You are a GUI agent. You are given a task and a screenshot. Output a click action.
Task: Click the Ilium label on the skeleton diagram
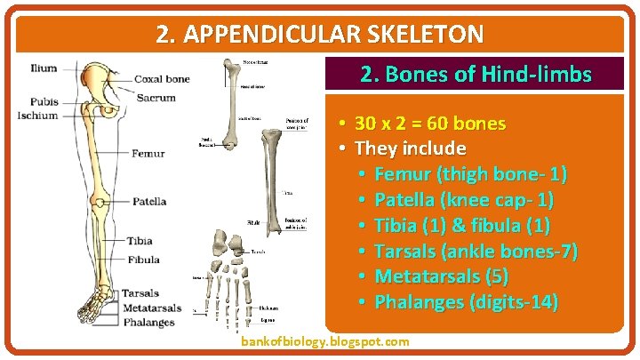coord(43,68)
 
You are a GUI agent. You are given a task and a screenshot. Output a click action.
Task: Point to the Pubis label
coord(44,102)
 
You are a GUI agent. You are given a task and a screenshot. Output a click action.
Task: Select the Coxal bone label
coord(161,79)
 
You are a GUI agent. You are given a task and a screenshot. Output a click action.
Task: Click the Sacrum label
coord(156,97)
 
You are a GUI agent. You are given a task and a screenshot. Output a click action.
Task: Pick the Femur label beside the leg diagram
coord(148,154)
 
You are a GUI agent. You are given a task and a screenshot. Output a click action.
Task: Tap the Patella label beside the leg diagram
coord(149,202)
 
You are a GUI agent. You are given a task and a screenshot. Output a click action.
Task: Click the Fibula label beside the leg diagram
coord(144,260)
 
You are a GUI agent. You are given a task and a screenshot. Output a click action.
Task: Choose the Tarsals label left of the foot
coord(140,293)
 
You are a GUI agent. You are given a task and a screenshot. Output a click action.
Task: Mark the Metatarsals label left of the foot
coord(151,308)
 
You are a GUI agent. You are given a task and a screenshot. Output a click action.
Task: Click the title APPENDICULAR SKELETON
coord(320,35)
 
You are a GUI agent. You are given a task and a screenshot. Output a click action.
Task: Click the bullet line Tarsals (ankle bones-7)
coord(476,252)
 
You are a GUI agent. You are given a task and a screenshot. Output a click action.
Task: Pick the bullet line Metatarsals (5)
coord(442,276)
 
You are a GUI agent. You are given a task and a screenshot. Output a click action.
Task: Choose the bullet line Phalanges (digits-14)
coord(467,302)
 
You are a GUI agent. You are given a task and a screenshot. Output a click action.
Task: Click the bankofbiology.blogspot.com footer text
coord(325,341)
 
